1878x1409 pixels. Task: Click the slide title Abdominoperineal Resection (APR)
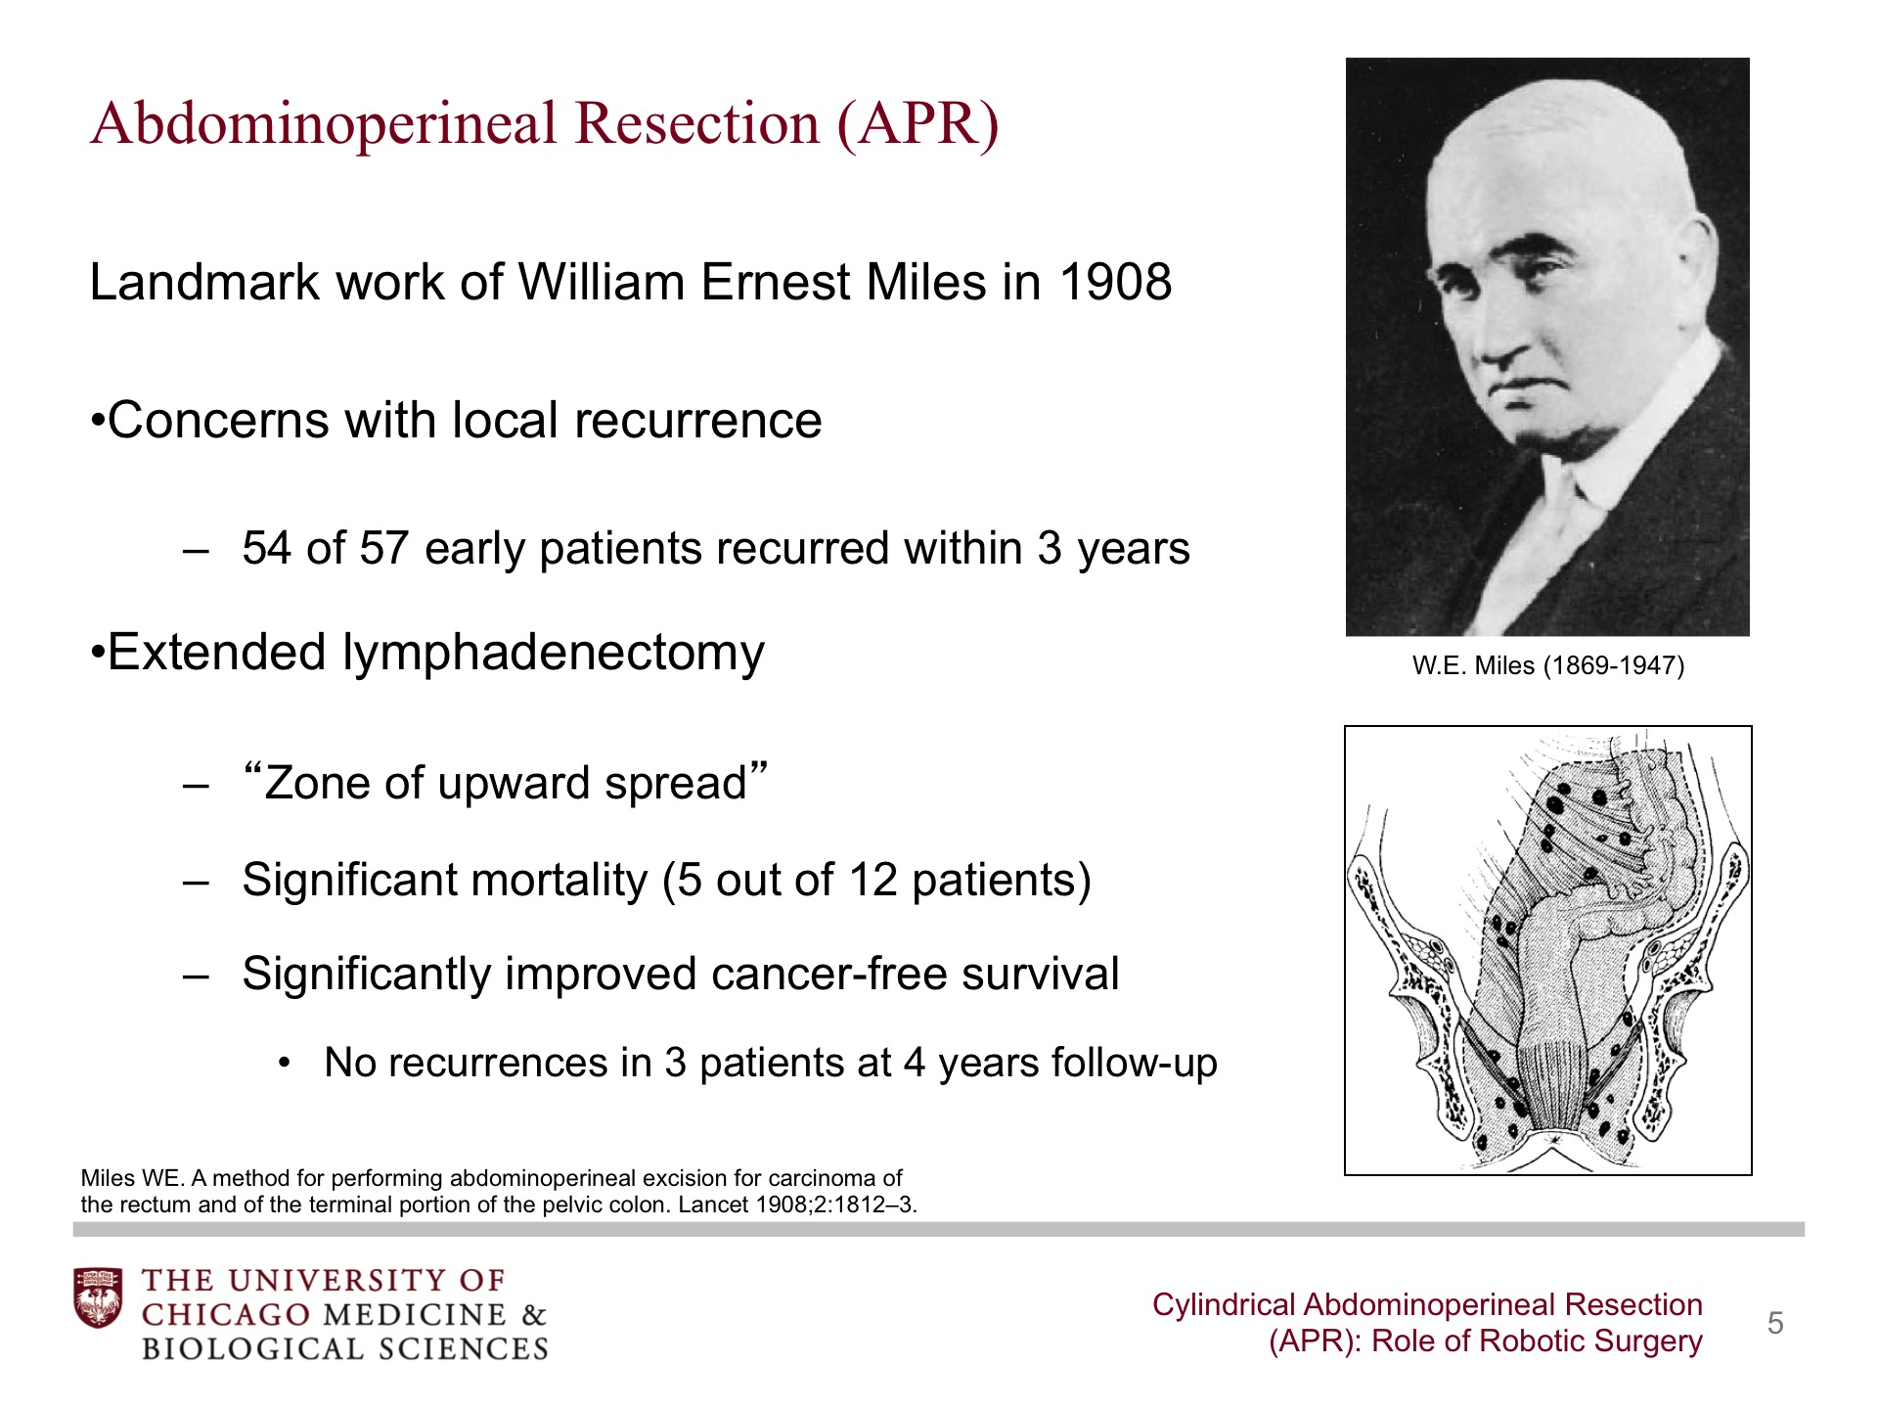click(544, 124)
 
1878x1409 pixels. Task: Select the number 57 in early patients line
click(383, 548)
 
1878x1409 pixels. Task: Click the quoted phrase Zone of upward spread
click(505, 783)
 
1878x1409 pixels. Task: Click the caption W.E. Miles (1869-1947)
click(1547, 666)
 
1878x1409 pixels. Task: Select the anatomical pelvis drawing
click(1547, 950)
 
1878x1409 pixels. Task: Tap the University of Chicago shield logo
click(99, 1297)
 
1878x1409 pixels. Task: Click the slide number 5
click(1775, 1324)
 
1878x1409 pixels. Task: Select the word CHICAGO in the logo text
click(226, 1314)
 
